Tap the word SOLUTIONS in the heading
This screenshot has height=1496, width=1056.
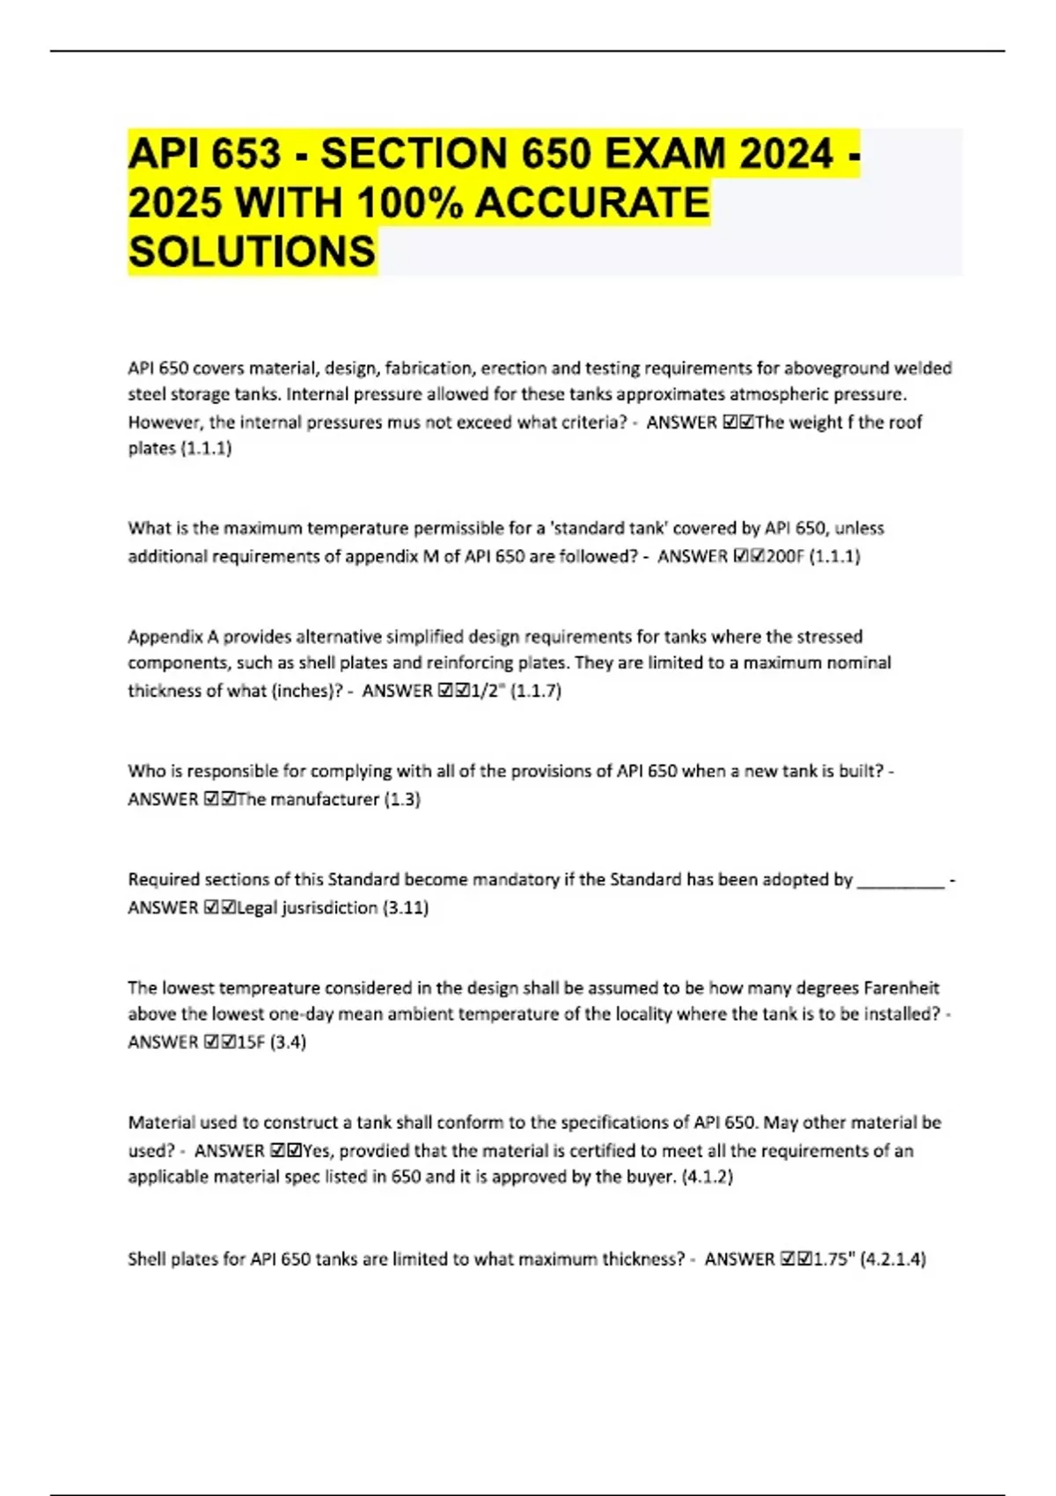[x=252, y=252]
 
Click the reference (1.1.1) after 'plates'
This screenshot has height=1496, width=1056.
[x=206, y=449]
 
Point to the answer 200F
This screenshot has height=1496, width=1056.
[x=785, y=556]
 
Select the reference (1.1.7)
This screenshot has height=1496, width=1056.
[x=536, y=691]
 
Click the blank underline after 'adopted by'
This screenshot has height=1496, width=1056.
[x=900, y=881]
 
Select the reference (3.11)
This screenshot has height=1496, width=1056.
[x=406, y=907]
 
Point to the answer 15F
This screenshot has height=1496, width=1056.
[x=251, y=1042]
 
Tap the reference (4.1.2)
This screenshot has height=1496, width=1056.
[x=708, y=1177]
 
